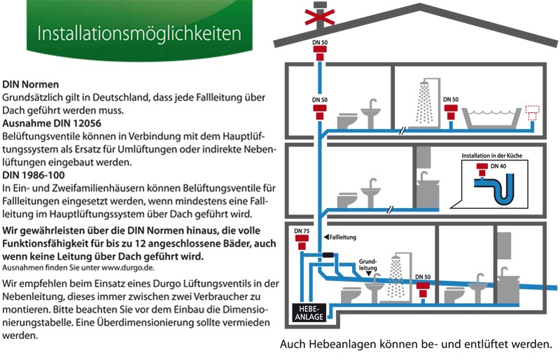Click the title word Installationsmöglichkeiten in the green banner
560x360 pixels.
pyautogui.click(x=139, y=34)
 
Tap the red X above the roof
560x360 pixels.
pyautogui.click(x=320, y=17)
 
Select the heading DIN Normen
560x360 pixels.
pyautogui.click(x=30, y=85)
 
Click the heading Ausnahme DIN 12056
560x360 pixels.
pyautogui.click(x=52, y=123)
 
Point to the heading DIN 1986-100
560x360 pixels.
pyautogui.click(x=34, y=175)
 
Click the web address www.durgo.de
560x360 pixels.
pyautogui.click(x=127, y=268)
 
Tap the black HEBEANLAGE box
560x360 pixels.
pyautogui.click(x=309, y=313)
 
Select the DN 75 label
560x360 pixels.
pyautogui.click(x=302, y=231)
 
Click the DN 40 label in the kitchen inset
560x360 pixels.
pyautogui.click(x=498, y=166)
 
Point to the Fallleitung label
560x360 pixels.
pyautogui.click(x=343, y=237)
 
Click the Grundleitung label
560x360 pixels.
pyautogui.click(x=368, y=265)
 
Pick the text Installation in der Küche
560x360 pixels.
pyautogui.click(x=492, y=155)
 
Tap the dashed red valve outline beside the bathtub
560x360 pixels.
pyautogui.click(x=532, y=113)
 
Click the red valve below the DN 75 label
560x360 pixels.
pyautogui.click(x=302, y=242)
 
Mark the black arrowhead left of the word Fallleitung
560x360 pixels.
pyautogui.click(x=326, y=237)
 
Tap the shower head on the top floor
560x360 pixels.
pyautogui.click(x=424, y=84)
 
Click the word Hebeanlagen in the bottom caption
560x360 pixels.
pyautogui.click(x=343, y=345)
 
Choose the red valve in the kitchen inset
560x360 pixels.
pyautogui.click(x=482, y=169)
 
